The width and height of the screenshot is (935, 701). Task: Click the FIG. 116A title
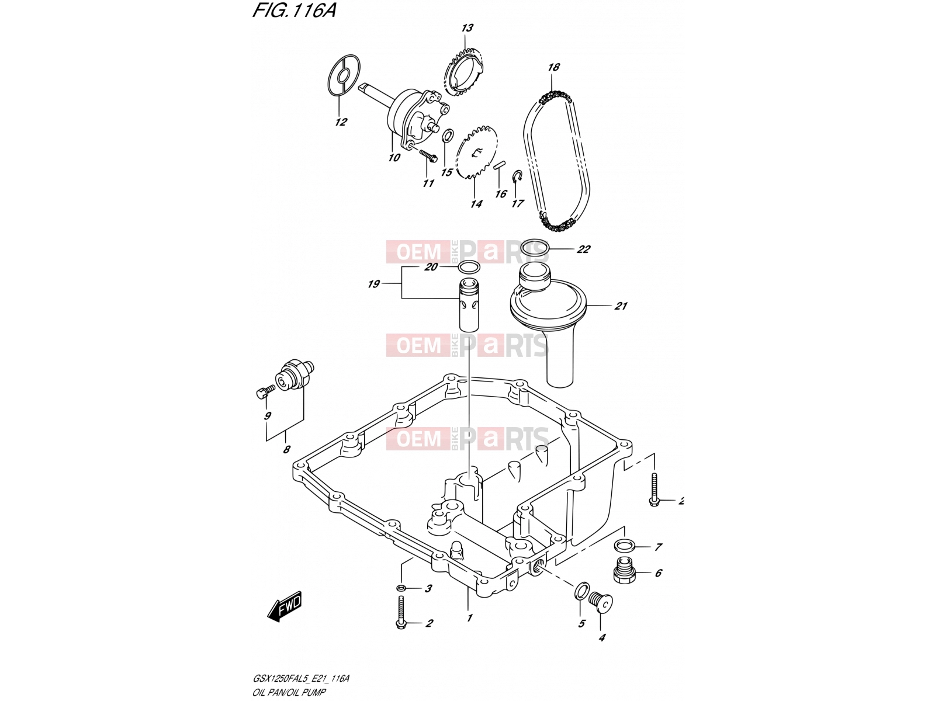[x=295, y=10]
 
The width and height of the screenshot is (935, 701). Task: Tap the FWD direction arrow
[x=284, y=606]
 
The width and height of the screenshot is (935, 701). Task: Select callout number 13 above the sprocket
[x=467, y=28]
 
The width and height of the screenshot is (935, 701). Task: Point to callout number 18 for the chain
[x=553, y=67]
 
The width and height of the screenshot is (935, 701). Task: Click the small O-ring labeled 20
[x=469, y=268]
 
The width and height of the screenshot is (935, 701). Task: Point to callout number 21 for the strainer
[x=621, y=306]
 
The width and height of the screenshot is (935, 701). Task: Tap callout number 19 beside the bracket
[x=373, y=284]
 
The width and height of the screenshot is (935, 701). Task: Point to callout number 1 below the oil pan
[x=469, y=617]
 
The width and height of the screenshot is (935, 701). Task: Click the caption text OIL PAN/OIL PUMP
[x=289, y=692]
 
